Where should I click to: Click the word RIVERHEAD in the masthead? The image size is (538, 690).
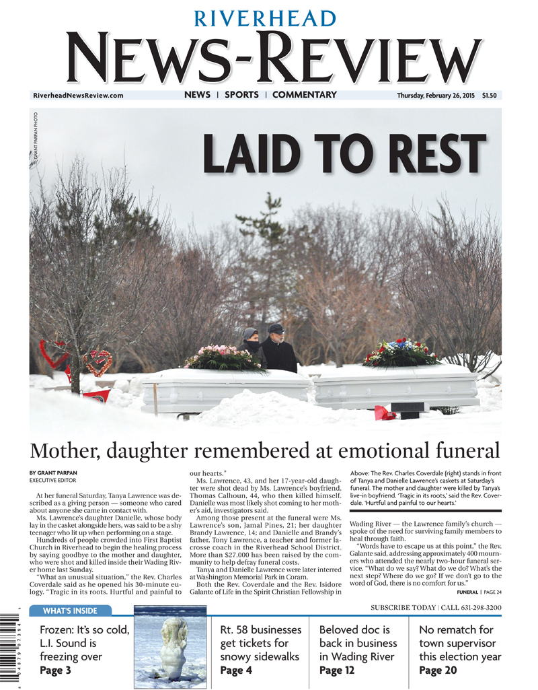tap(266, 18)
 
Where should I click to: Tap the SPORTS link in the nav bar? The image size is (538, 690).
tap(241, 95)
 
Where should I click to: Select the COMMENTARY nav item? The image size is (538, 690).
tap(304, 95)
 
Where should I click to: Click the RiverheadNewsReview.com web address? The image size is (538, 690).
tap(78, 96)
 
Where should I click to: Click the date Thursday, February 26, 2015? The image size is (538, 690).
tap(435, 96)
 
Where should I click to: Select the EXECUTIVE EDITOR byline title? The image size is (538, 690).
tap(52, 481)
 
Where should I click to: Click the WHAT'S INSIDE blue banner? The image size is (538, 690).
tap(70, 611)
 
